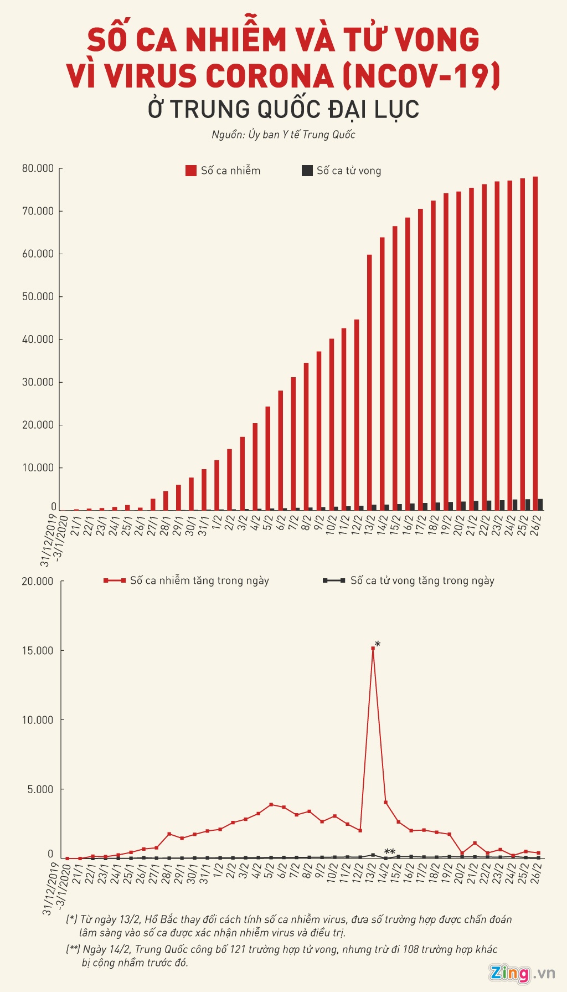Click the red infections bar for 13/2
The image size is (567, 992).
pyautogui.click(x=369, y=382)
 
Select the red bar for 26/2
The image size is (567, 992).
pyautogui.click(x=535, y=343)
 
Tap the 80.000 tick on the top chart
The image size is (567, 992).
pyautogui.click(x=38, y=168)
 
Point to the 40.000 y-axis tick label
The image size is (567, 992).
pyautogui.click(x=38, y=339)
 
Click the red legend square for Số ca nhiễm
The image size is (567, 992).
pyautogui.click(x=191, y=171)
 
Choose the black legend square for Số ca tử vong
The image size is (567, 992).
pyautogui.click(x=307, y=171)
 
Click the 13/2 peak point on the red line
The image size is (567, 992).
pyautogui.click(x=373, y=648)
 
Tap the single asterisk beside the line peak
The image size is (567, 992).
pyautogui.click(x=378, y=644)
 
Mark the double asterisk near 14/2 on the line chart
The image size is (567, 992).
pyautogui.click(x=390, y=852)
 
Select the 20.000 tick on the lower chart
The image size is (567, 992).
pyautogui.click(x=38, y=581)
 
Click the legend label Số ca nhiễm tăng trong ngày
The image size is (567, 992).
pyautogui.click(x=199, y=580)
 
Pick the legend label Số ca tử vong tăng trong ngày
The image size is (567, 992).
pyautogui.click(x=422, y=580)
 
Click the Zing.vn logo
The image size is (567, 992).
pyautogui.click(x=521, y=973)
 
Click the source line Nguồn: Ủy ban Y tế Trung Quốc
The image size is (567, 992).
pyautogui.click(x=283, y=135)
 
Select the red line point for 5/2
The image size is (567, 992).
pyautogui.click(x=271, y=804)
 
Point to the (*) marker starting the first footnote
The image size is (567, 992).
pyautogui.click(x=72, y=919)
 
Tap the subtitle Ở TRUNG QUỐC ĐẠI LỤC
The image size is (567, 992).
pyautogui.click(x=283, y=109)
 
